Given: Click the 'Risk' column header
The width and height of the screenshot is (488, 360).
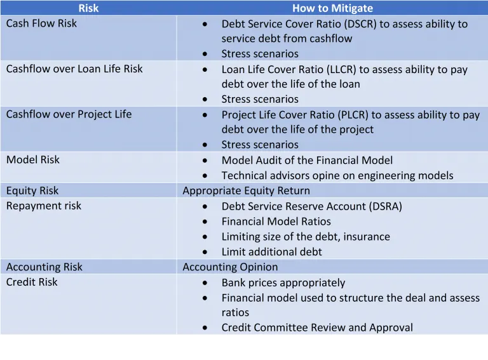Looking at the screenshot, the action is coord(88,8).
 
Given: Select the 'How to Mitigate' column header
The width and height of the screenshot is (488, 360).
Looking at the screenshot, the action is coord(332,8).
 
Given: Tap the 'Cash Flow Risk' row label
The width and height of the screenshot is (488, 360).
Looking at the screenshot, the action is coord(41,23).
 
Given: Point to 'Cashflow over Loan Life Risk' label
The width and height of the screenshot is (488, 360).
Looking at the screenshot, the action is coord(74,69).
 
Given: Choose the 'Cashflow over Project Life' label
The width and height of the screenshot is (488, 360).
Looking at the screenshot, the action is coord(69,114).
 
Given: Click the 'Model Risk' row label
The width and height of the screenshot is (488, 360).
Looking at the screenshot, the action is coord(32,160).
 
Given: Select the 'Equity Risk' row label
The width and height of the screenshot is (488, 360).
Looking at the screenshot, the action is coord(32,190).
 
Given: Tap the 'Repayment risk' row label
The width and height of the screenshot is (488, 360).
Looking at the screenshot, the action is coord(44,206).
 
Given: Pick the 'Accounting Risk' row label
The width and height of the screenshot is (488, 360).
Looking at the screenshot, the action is coord(44,267).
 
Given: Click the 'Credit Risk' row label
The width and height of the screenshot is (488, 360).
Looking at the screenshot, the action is coord(32,282).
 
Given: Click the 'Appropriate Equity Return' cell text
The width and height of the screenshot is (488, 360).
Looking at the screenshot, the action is coord(246,190).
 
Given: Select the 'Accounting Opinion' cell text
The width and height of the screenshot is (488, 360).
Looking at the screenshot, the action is coord(230,267).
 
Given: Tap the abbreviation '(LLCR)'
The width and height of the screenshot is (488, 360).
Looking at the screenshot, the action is coord(341,69).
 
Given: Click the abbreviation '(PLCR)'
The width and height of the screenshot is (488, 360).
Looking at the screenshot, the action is coord(353,115).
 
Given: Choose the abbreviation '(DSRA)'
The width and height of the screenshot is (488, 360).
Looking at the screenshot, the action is coord(386,206).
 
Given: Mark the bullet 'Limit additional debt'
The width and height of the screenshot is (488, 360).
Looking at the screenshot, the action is coord(272,252).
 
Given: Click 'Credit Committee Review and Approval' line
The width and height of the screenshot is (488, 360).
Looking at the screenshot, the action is coord(317,328).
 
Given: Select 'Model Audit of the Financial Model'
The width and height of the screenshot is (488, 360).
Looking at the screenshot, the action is coord(307,161).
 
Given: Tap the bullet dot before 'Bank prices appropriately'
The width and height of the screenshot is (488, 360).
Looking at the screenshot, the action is coord(205,283).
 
